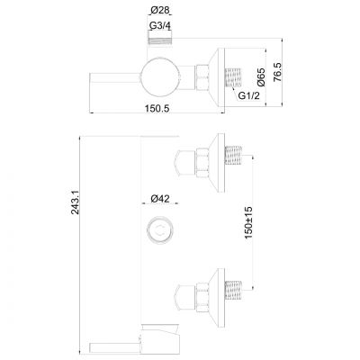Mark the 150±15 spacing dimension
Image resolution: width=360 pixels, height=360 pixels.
pyautogui.click(x=257, y=221)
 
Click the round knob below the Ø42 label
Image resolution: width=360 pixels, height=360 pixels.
pyautogui.click(x=158, y=229)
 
